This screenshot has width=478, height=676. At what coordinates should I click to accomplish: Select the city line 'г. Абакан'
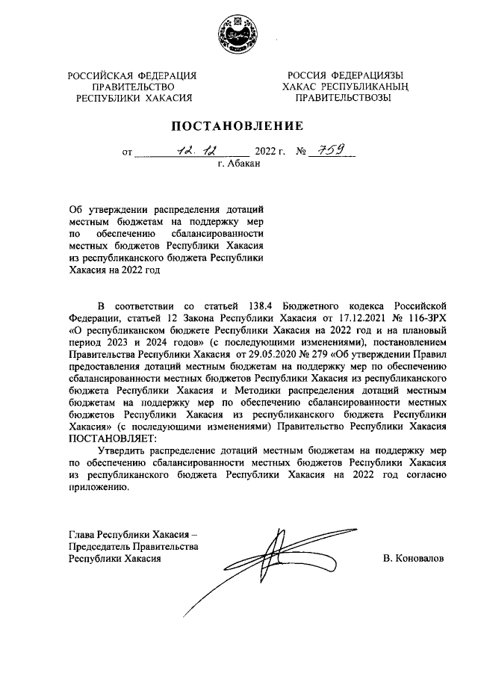[238, 164]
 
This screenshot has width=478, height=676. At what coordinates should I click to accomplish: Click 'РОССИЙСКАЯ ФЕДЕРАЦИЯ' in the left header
[132, 75]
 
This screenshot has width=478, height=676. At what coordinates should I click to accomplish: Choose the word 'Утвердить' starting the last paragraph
[121, 450]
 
